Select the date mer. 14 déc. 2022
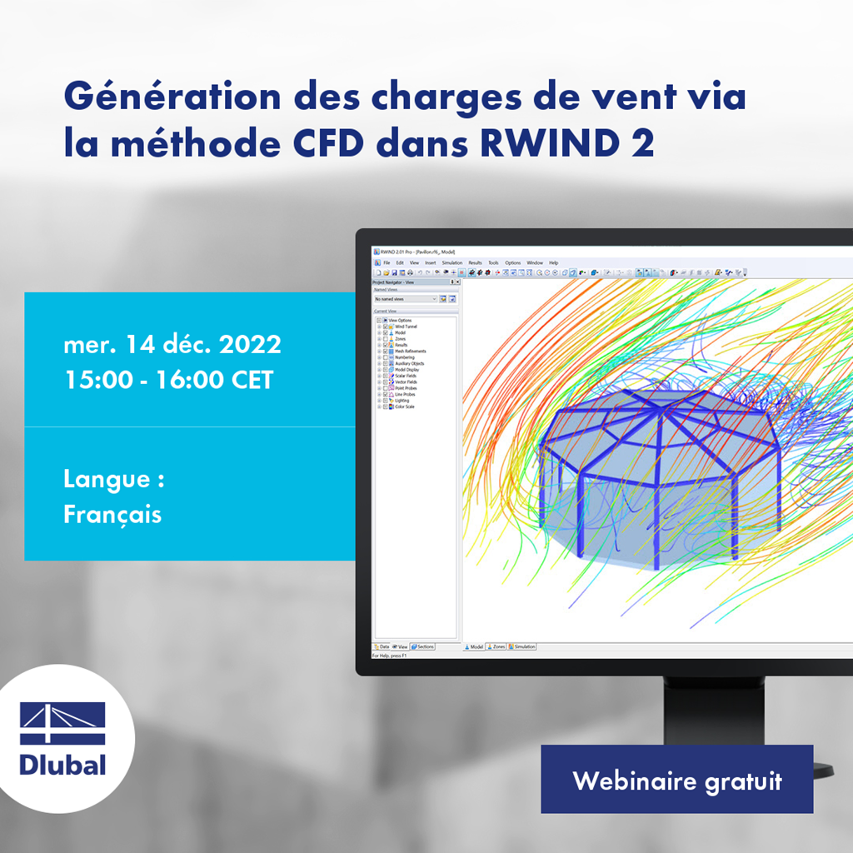click(x=172, y=344)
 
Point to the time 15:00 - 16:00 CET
click(x=168, y=380)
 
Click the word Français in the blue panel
click(x=112, y=514)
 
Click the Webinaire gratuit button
click(x=676, y=781)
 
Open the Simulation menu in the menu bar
click(x=451, y=262)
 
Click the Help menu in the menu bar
click(x=553, y=262)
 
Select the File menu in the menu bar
click(x=386, y=262)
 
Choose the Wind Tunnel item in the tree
click(x=406, y=327)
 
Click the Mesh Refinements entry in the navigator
click(x=411, y=352)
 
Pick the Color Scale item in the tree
click(x=404, y=407)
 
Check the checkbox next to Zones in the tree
click(x=385, y=339)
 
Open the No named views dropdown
click(x=405, y=298)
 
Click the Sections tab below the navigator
click(x=422, y=646)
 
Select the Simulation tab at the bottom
click(x=523, y=646)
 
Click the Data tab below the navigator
click(x=382, y=646)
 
